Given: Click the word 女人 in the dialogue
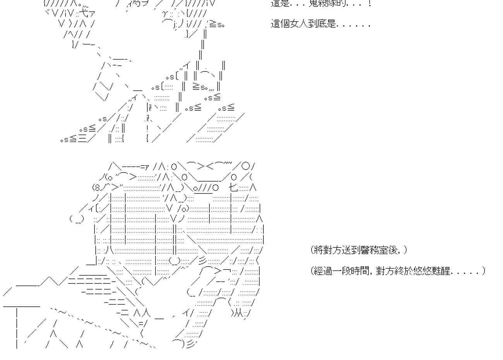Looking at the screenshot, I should click(x=301, y=24).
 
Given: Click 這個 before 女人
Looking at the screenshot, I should click(x=281, y=24).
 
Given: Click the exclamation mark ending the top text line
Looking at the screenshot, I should click(x=370, y=3).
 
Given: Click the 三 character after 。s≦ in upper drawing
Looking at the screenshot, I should click(x=82, y=139).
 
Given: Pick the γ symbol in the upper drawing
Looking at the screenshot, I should click(x=165, y=14).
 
